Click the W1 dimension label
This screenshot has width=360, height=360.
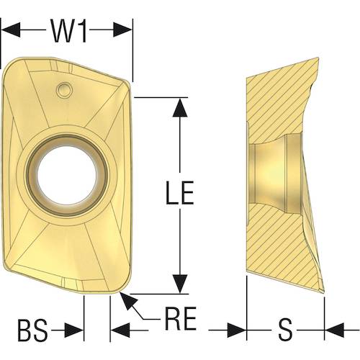pos(68,31)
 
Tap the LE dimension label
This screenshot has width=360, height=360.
pos(180,193)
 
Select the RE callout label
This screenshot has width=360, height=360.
pos(181,318)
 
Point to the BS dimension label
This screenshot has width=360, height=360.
pos(33,330)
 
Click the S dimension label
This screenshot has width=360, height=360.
pos(285,330)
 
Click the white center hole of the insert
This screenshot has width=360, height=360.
pos(67,176)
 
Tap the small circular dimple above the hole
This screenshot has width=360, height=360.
pos(64,90)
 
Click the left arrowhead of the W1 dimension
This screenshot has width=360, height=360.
pos(11,30)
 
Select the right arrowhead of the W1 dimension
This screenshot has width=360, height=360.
pos(122,30)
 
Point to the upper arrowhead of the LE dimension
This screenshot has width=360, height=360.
pos(180,107)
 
